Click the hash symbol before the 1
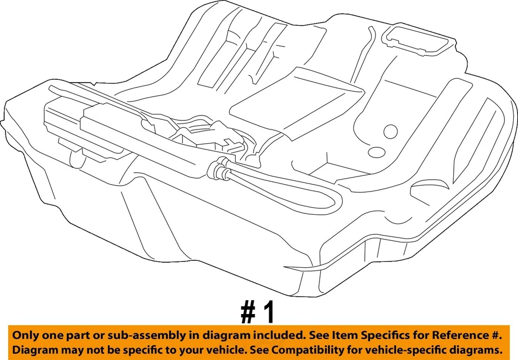248,312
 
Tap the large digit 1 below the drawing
269,312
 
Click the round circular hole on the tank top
390,131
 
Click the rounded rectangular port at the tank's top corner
415,39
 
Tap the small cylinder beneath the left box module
77,158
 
